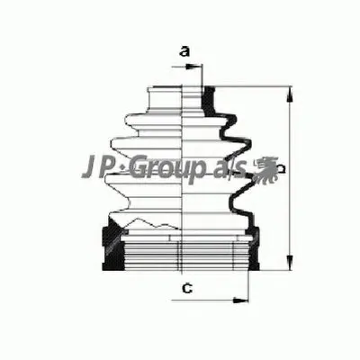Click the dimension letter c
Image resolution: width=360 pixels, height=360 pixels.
(x=184, y=288)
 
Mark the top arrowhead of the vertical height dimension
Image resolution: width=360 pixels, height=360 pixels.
(x=290, y=92)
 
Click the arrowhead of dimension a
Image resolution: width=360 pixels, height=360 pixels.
(x=199, y=64)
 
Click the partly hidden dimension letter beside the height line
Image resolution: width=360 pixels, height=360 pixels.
(x=282, y=169)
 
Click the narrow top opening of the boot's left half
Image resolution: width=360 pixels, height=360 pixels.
(x=166, y=91)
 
